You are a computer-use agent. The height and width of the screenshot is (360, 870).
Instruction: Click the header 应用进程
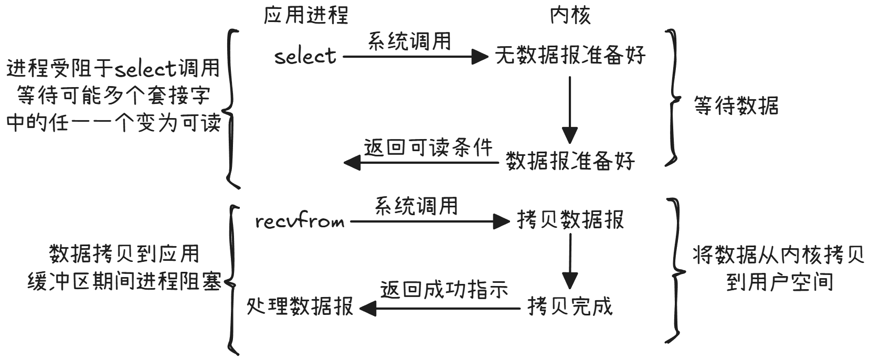pos(306,16)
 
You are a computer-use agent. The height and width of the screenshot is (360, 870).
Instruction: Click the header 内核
pos(570,16)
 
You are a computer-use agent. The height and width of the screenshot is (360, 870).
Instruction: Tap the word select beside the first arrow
pos(305,56)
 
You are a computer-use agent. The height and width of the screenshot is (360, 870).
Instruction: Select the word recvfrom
pos(300,221)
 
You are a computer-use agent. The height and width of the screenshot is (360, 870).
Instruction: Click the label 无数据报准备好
pos(570,56)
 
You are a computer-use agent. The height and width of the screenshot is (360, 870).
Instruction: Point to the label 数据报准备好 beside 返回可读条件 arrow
pos(570,161)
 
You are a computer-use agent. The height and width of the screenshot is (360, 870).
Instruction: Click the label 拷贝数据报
pos(570,220)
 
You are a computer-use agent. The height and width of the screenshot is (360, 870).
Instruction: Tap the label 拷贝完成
pos(570,306)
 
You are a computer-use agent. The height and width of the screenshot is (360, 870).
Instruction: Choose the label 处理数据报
pos(300,306)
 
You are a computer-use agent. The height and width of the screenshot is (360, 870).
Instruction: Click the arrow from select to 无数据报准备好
pos(416,57)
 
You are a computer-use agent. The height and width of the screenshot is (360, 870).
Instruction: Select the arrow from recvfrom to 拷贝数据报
pos(430,222)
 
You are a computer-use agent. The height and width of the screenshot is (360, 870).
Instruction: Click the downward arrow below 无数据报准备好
pos(570,110)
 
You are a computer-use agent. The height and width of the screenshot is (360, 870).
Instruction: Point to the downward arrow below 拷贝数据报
pos(570,261)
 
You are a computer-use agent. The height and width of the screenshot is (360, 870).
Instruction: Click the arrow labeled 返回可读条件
pos(421,162)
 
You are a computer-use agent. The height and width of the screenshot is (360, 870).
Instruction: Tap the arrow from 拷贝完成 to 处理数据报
pos(440,309)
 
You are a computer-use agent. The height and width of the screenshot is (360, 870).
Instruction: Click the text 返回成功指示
pos(444,290)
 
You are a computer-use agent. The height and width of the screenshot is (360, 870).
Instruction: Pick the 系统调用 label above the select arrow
pos(409,41)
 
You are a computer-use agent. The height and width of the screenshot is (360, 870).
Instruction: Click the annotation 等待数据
pos(736,105)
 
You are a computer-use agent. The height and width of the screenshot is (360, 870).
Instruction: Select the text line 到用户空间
pos(780,282)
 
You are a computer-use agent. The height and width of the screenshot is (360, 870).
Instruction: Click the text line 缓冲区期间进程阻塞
pos(124,282)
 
